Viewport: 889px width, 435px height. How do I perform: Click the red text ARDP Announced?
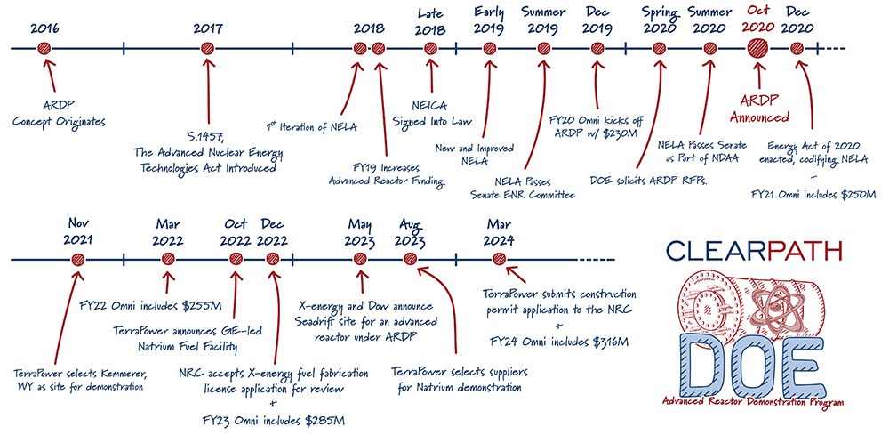click(x=759, y=109)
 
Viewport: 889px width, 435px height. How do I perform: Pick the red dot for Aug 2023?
click(x=410, y=260)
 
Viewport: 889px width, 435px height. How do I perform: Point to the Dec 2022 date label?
click(x=273, y=232)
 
